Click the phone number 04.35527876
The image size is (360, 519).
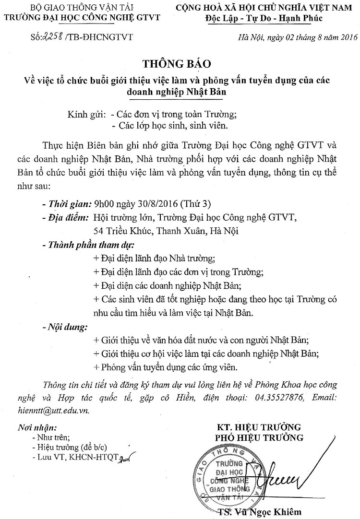[274, 398]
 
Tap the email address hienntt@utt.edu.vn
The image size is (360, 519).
[65, 411]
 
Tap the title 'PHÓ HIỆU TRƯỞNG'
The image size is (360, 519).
[259, 437]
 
